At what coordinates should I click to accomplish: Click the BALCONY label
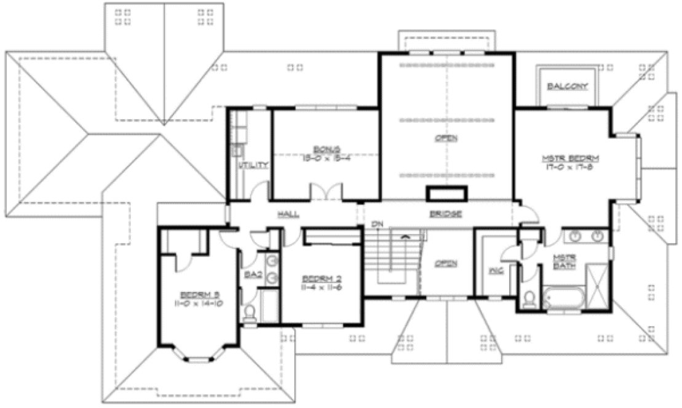coord(567,85)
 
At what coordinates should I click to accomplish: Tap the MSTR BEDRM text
coord(570,159)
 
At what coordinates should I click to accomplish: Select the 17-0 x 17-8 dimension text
coord(570,168)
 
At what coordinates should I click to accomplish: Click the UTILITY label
coord(253,165)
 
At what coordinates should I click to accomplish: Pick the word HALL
coord(288,214)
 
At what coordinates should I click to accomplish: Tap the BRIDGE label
coord(445,214)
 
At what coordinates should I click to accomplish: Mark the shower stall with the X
coord(596,284)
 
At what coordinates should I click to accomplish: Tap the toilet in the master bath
coord(528,299)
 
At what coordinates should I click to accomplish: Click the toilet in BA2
coord(250,314)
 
